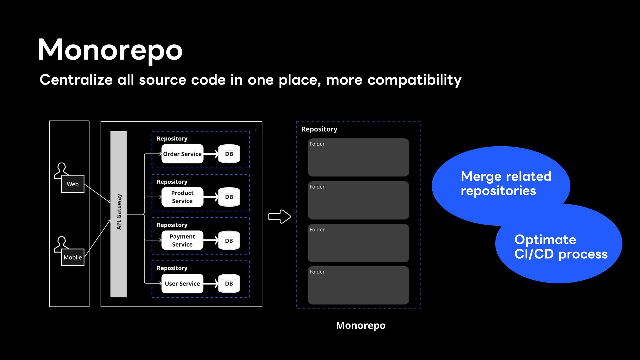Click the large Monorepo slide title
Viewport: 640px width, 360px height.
click(x=110, y=50)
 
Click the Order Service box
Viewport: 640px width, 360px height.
click(x=182, y=154)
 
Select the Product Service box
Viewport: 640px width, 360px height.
click(x=182, y=197)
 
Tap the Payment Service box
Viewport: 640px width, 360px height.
click(x=182, y=240)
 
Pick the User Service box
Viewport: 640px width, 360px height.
click(x=182, y=284)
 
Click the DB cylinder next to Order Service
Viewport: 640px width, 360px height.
click(x=229, y=154)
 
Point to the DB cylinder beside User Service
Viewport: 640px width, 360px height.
click(x=229, y=284)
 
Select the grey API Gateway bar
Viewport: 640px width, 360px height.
click(x=119, y=214)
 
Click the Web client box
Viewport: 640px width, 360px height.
click(x=73, y=184)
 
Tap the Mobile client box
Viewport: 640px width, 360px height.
click(x=73, y=257)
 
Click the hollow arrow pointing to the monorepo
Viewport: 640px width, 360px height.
click(x=279, y=217)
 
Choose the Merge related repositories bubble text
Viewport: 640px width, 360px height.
click(x=506, y=183)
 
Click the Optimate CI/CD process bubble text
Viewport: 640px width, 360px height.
click(x=561, y=247)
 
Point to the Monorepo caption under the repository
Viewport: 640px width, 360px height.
click(x=361, y=325)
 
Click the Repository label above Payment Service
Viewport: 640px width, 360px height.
click(x=172, y=225)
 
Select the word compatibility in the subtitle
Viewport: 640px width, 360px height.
click(x=414, y=80)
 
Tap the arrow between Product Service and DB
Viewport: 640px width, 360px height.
click(x=211, y=197)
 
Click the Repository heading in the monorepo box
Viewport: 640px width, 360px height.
click(x=319, y=129)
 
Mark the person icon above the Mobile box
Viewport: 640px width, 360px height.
click(x=62, y=244)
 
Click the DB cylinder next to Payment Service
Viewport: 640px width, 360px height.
click(x=229, y=240)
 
